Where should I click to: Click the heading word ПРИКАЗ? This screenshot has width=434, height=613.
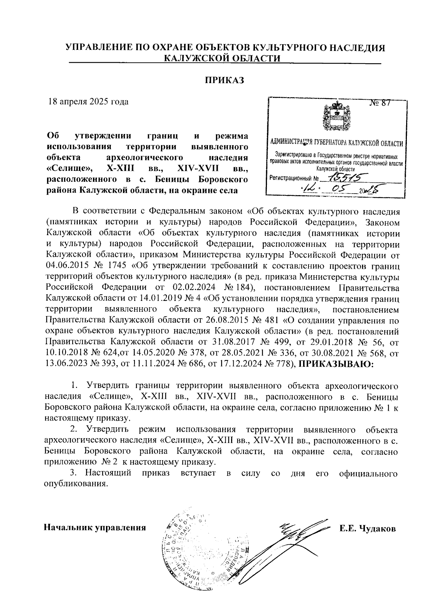pyautogui.click(x=225, y=80)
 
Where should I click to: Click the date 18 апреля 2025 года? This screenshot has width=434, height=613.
pyautogui.click(x=89, y=102)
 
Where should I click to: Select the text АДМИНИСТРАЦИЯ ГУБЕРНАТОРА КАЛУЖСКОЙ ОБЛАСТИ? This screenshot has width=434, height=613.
pyautogui.click(x=336, y=143)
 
